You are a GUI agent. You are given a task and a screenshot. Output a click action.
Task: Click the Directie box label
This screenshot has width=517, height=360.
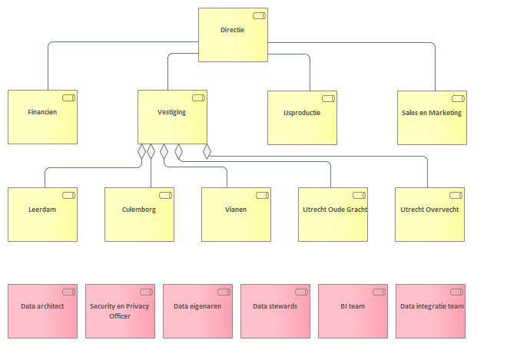[x=233, y=30]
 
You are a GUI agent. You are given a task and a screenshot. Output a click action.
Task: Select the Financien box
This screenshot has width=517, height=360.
[x=42, y=117]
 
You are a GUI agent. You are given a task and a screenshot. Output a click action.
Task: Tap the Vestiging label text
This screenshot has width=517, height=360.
[x=171, y=112]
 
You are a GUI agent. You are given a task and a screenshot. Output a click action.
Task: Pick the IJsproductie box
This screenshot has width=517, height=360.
[x=303, y=117]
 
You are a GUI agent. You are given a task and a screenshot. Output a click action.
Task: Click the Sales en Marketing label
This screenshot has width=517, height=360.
[x=432, y=113]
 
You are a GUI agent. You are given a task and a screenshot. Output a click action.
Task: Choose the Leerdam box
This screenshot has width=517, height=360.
[x=42, y=214]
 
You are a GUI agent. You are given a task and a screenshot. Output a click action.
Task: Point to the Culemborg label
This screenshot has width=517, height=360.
[x=139, y=210]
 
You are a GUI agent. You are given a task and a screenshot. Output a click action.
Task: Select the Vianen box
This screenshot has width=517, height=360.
[x=236, y=214]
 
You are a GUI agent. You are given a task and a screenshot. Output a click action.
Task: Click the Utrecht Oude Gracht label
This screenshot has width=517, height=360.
[x=335, y=210]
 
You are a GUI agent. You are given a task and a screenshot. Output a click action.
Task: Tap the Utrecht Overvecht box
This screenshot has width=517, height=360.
[x=429, y=214]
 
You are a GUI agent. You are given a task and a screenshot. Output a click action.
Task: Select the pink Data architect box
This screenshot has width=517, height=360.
[x=42, y=311]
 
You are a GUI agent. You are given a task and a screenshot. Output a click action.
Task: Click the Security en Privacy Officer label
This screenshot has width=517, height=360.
[x=120, y=311]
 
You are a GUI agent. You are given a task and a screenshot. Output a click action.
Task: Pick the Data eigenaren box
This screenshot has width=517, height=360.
[x=198, y=311]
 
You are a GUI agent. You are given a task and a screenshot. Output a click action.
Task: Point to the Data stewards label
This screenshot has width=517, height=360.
[x=275, y=306]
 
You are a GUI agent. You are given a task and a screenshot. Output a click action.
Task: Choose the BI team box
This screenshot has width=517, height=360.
[x=353, y=311]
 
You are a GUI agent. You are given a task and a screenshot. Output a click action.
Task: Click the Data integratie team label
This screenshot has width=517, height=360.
[x=432, y=306]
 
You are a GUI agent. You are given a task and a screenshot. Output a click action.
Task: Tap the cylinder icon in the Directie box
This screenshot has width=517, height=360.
[x=259, y=16]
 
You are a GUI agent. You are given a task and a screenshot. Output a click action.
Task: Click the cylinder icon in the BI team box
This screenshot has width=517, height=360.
[x=379, y=292]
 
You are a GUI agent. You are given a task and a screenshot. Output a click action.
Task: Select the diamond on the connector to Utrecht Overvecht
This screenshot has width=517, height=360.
[x=207, y=151]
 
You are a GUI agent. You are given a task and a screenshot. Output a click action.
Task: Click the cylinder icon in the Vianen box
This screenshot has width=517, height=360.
[x=263, y=195]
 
